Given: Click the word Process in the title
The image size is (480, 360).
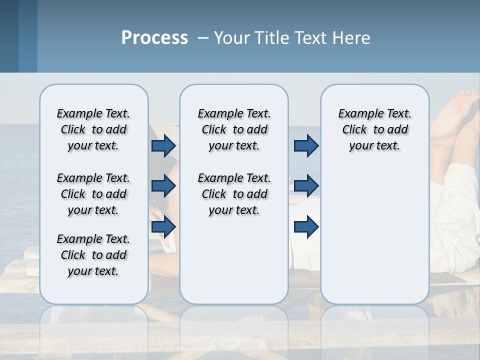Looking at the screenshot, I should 154,38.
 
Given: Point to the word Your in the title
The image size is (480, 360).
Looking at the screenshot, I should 232,38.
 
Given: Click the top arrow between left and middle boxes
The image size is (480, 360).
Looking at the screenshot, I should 163,146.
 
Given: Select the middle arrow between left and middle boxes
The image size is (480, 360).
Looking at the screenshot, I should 163,186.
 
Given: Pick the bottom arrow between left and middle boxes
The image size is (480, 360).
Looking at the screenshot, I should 163,226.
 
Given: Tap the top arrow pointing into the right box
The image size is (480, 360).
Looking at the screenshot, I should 306,146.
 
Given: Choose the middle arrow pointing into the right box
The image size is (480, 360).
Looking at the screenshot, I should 306,186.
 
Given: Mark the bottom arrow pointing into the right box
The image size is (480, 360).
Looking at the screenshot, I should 306,226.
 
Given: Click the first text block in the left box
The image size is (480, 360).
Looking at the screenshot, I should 93,129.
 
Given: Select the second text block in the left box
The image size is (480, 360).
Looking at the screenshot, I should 93,194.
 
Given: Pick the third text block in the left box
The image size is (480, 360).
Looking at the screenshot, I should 93,255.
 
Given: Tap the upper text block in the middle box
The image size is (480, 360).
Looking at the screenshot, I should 234,129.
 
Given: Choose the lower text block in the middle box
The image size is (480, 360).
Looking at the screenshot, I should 234,194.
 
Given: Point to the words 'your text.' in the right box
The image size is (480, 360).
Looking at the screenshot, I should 374,146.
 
